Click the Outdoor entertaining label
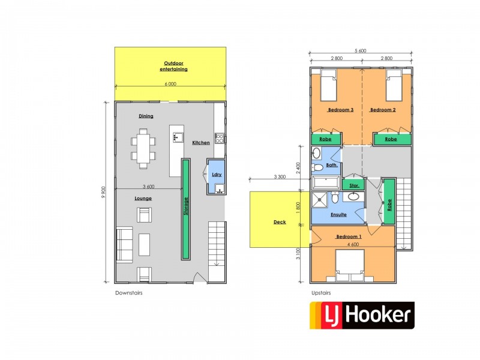[173, 66]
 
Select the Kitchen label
[201, 143]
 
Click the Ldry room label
[215, 175]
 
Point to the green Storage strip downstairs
[186, 208]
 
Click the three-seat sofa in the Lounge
[124, 244]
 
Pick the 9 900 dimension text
[104, 191]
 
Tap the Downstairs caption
[128, 293]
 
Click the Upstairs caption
[320, 293]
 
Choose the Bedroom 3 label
[340, 110]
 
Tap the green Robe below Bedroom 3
[325, 139]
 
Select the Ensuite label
[330, 214]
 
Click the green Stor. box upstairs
[354, 185]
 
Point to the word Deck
[280, 222]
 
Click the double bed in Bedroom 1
[352, 265]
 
